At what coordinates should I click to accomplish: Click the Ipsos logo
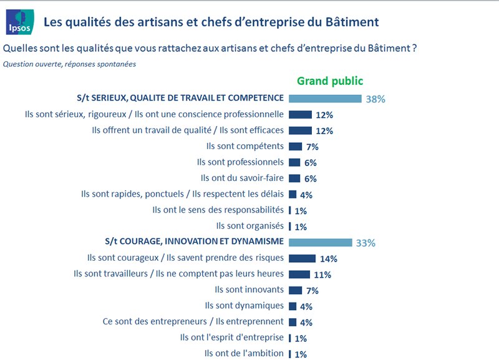(18, 21)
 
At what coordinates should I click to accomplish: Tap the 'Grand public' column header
(329, 80)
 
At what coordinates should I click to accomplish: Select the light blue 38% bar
(325, 99)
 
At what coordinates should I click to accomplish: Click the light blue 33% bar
(320, 242)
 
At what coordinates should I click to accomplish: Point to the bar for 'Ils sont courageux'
(302, 258)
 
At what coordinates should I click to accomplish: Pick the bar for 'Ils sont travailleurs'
(299, 274)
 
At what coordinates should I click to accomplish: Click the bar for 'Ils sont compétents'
(295, 147)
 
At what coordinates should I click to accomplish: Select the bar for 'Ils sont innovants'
(295, 290)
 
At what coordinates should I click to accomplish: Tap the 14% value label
(328, 259)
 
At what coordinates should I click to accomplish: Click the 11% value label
(322, 275)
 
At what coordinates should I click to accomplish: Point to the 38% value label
(375, 99)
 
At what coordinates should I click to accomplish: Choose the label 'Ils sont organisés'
(249, 226)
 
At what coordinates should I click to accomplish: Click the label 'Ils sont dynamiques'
(244, 306)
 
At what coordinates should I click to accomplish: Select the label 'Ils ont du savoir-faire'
(240, 178)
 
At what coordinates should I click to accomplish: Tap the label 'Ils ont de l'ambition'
(244, 354)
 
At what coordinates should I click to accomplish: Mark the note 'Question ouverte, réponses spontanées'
(69, 64)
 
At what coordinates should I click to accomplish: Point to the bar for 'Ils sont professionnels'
(294, 162)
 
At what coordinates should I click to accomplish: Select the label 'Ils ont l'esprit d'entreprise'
(231, 338)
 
